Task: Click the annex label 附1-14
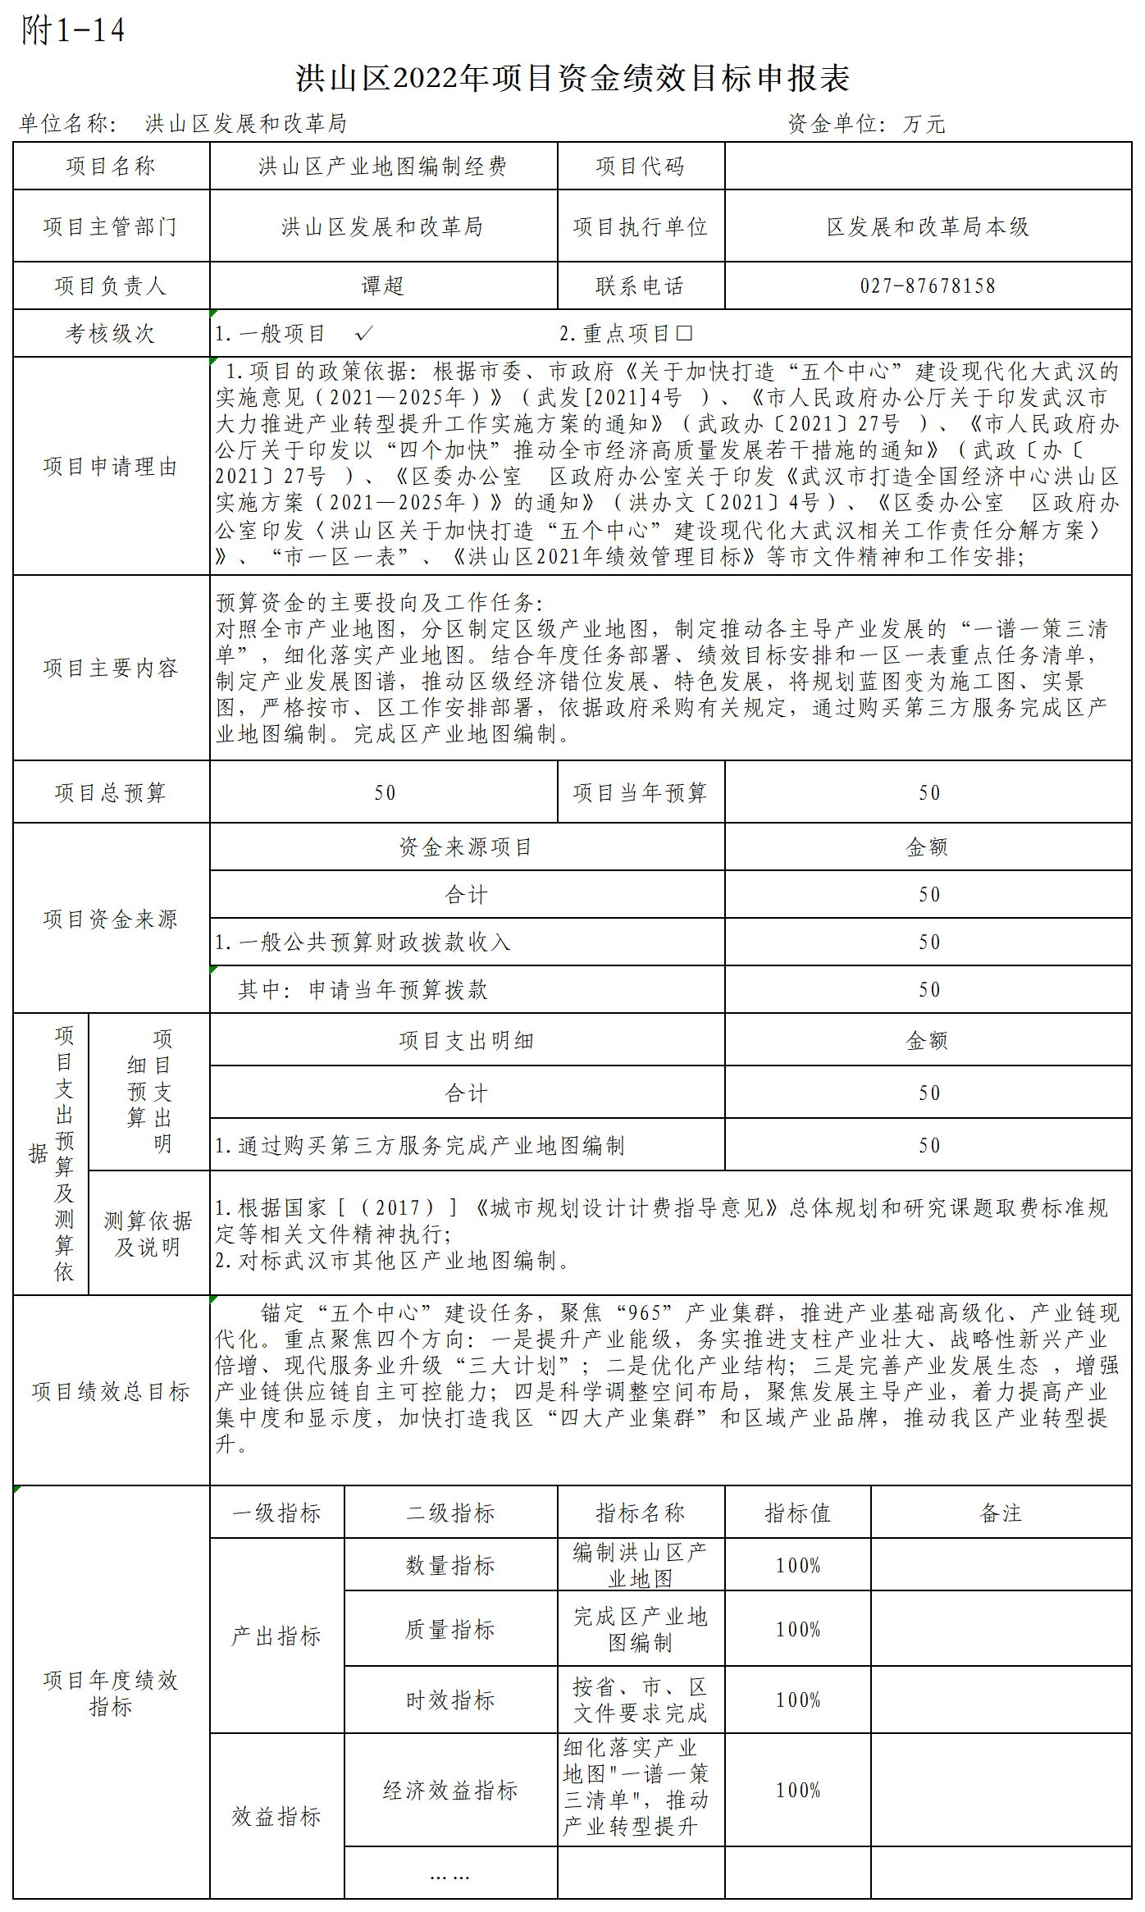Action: (73, 30)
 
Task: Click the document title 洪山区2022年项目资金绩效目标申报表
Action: (572, 79)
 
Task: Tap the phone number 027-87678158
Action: (928, 286)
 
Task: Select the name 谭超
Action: (383, 286)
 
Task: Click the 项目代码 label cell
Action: (640, 167)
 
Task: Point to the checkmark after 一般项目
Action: (363, 333)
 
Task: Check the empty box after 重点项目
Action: (685, 333)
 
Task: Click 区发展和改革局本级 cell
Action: (928, 226)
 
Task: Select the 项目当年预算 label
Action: (640, 792)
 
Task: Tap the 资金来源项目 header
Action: (466, 847)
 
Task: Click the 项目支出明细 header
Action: (466, 1041)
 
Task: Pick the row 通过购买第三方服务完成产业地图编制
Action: (420, 1145)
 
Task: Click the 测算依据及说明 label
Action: (148, 1234)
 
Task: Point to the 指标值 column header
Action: (797, 1513)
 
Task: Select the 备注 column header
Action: (1001, 1513)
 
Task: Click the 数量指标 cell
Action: (450, 1566)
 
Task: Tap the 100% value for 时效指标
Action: (797, 1700)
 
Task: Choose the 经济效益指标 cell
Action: (450, 1791)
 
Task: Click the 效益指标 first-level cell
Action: (276, 1817)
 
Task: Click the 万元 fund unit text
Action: (924, 125)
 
